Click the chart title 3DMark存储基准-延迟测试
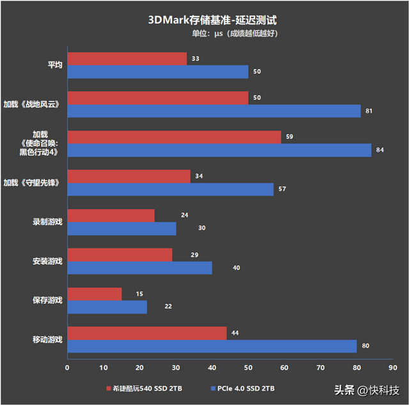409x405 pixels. point(204,19)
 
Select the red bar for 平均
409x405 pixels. point(127,59)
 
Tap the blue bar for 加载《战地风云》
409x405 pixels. point(214,111)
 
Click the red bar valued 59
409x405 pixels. point(174,137)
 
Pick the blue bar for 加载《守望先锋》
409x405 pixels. point(170,189)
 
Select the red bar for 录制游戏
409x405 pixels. point(111,216)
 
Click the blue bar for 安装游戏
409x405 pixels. point(139,267)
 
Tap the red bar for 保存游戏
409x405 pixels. point(95,294)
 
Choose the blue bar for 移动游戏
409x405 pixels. point(212,346)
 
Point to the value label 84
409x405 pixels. point(380,150)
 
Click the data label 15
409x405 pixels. point(139,294)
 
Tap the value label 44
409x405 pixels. point(236,333)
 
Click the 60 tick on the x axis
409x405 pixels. point(284,368)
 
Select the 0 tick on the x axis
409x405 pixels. point(67,368)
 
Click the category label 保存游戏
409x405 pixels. point(47,300)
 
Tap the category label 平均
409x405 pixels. point(55,65)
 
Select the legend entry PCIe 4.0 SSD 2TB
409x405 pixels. point(246,388)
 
